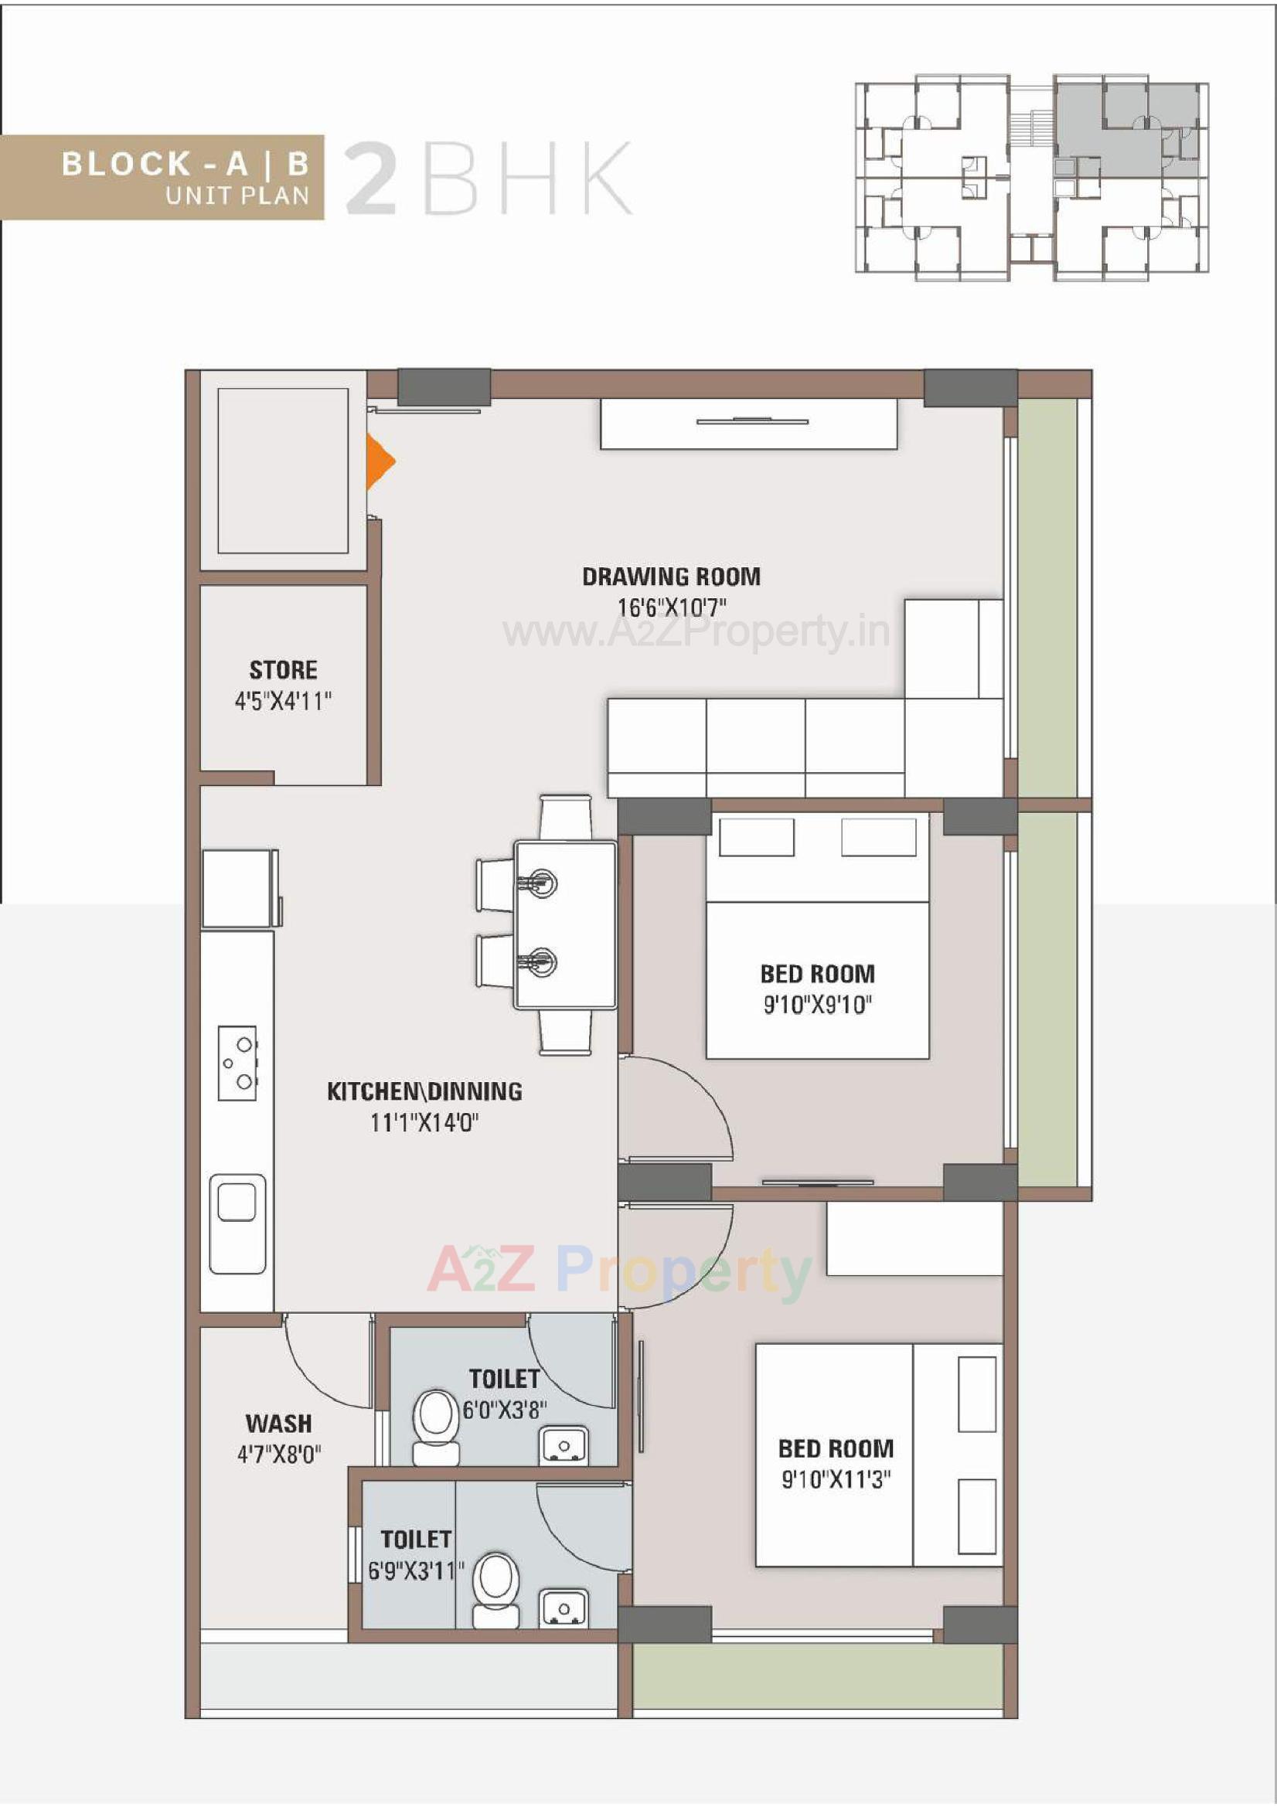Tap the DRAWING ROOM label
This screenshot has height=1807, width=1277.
[x=671, y=577]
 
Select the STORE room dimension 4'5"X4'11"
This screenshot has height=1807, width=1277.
[x=284, y=701]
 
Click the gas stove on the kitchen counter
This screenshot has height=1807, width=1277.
[x=238, y=1063]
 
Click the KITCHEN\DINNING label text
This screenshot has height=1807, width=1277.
[x=424, y=1091]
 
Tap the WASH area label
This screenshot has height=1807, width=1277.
[x=279, y=1424]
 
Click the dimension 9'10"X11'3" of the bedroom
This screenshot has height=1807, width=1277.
[x=836, y=1479]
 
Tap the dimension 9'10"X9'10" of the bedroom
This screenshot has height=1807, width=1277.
[x=817, y=1005]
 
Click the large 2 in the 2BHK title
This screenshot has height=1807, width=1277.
[x=371, y=179]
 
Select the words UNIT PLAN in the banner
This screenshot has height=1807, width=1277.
[x=238, y=196]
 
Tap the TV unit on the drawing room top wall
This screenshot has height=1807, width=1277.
[x=749, y=424]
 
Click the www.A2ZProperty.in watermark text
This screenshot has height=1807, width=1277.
[x=696, y=632]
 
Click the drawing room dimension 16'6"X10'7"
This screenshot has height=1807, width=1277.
[x=671, y=607]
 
